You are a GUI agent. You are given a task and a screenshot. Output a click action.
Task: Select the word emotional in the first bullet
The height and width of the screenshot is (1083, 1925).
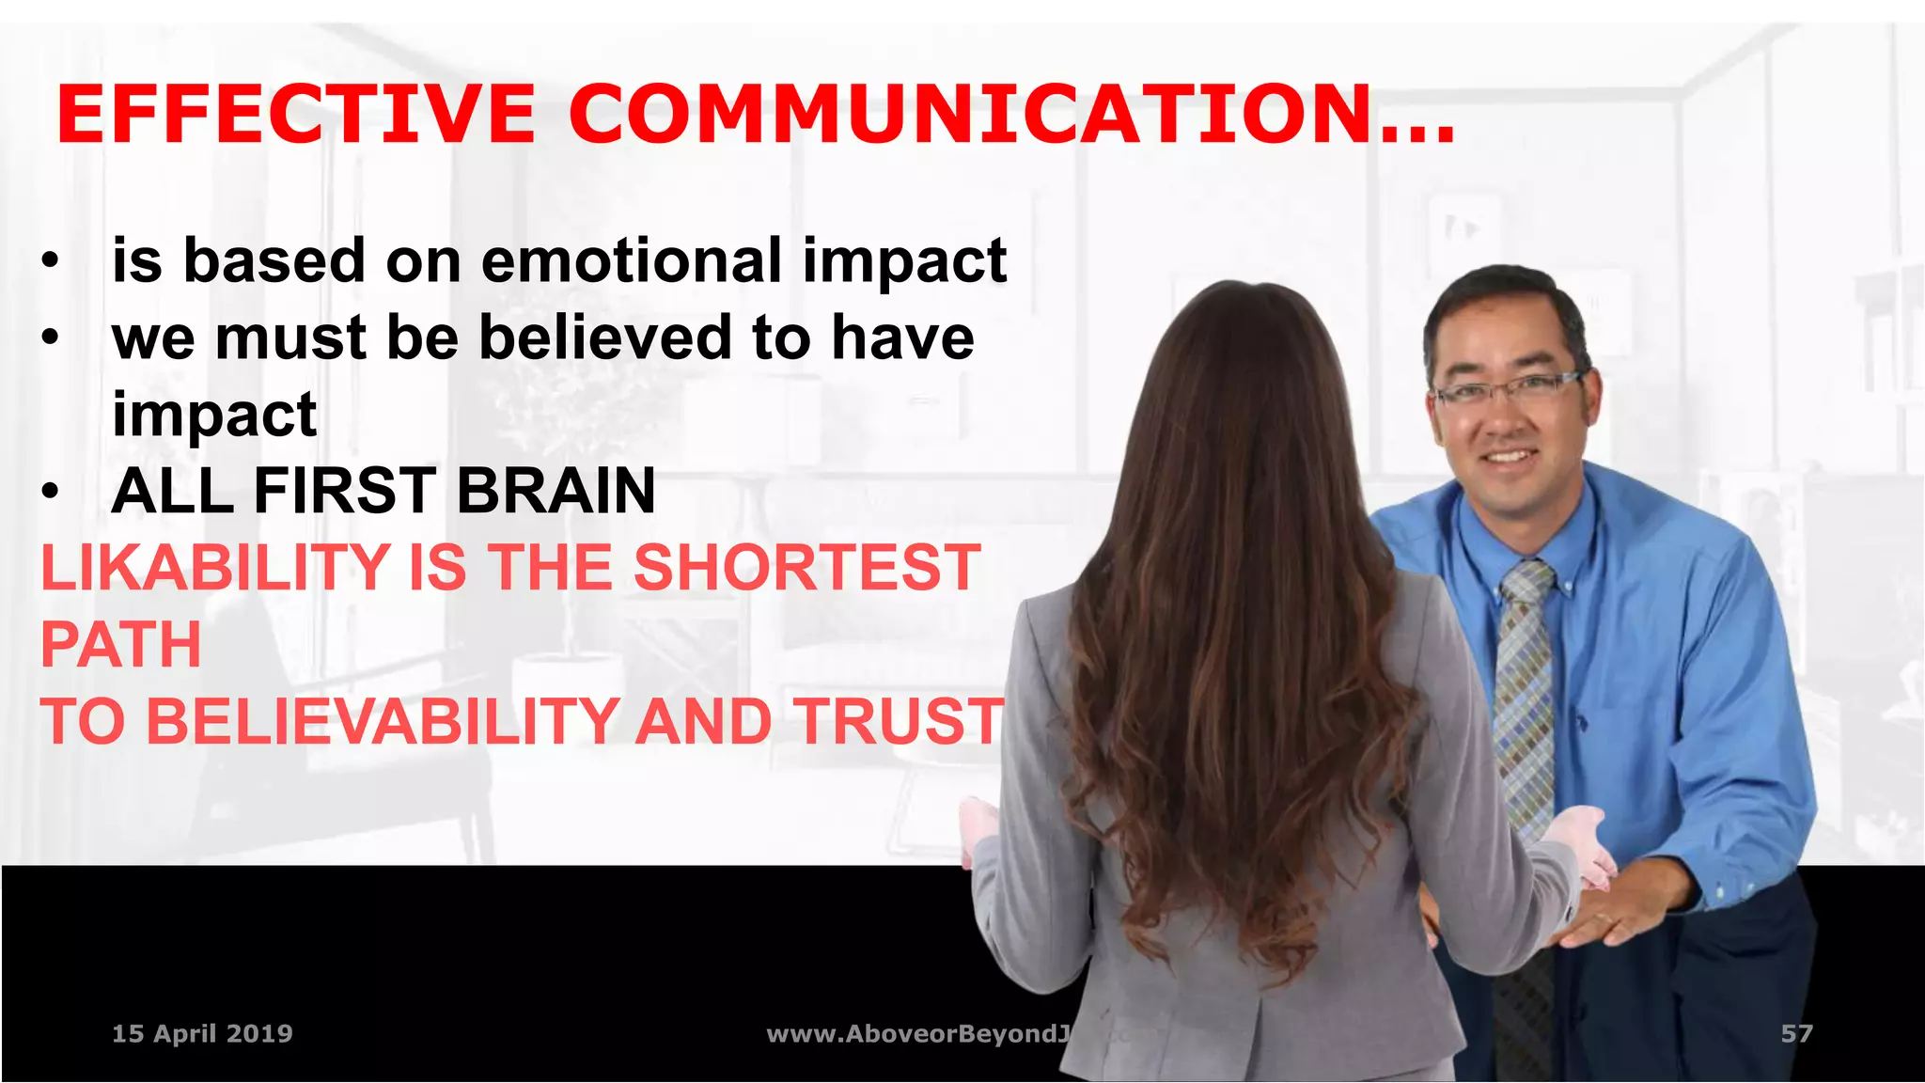(x=631, y=260)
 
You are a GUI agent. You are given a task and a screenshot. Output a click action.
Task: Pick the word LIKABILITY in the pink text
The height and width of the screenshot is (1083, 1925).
(x=215, y=568)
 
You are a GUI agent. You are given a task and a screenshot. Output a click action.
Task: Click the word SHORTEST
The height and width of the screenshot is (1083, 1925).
(x=806, y=568)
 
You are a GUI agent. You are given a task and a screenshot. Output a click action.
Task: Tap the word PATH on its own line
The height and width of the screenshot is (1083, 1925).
(x=121, y=645)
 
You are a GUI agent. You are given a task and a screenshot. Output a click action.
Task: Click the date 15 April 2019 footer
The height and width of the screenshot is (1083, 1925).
(x=202, y=1034)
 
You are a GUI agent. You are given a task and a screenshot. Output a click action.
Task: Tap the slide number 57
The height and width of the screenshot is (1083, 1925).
(x=1796, y=1034)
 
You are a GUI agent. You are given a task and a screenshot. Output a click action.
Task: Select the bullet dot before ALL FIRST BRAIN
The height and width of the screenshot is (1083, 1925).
(x=51, y=492)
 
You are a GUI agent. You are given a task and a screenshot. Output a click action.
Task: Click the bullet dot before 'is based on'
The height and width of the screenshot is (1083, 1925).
(x=51, y=260)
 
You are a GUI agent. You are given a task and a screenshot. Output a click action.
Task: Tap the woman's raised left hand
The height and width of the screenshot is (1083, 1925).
(x=978, y=827)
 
